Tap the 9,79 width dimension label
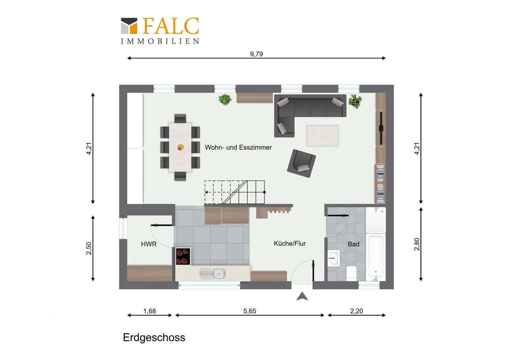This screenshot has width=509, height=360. tap(256, 54)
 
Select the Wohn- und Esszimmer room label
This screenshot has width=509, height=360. tap(238, 147)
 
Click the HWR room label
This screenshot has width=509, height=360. tap(149, 244)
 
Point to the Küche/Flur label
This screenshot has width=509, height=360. tap(290, 244)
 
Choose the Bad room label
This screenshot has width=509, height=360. tap(353, 244)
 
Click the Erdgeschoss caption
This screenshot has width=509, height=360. tap(154, 337)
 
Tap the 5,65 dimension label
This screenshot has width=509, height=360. tap(250, 311)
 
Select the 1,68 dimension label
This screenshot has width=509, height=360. tap(150, 311)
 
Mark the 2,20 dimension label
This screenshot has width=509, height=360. tap(356, 311)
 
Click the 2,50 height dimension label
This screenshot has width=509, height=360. tap(89, 248)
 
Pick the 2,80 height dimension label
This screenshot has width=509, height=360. tap(417, 244)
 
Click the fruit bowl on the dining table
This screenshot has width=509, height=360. tap(181, 147)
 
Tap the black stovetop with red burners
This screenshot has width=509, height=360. tap(183, 256)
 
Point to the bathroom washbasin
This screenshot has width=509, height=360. tap(333, 258)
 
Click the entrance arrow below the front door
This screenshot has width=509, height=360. tap(302, 296)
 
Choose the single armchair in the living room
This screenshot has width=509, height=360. tap(301, 164)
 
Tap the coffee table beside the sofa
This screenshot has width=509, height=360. tap(322, 136)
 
